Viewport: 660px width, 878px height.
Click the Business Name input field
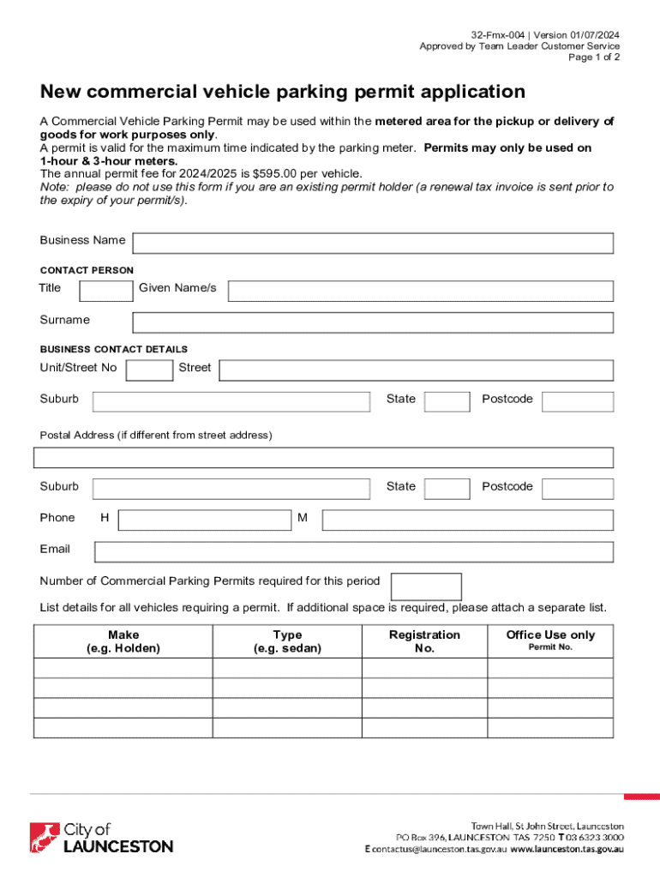tap(373, 244)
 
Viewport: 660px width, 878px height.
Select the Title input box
tap(105, 291)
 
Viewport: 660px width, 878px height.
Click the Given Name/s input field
tap(420, 291)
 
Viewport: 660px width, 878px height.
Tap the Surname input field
tap(373, 322)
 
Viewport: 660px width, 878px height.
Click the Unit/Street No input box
tap(149, 370)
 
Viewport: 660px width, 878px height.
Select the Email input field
tap(353, 551)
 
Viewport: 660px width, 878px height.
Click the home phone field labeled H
tap(204, 520)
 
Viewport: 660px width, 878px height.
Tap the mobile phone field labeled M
tap(467, 520)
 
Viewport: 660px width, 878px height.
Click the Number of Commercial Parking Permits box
tap(426, 586)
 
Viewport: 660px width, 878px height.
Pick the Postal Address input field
tap(323, 457)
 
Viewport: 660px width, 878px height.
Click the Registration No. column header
tap(424, 641)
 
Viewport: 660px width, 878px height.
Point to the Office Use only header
tap(550, 635)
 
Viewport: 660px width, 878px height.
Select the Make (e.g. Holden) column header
tap(123, 641)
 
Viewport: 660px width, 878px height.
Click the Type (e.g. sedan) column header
tap(287, 641)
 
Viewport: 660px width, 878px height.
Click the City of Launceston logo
tap(101, 838)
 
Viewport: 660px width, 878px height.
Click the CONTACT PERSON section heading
tap(87, 270)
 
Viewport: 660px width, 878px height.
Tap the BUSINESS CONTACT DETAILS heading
tap(114, 350)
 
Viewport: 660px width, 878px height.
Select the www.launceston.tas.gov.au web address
tap(567, 849)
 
